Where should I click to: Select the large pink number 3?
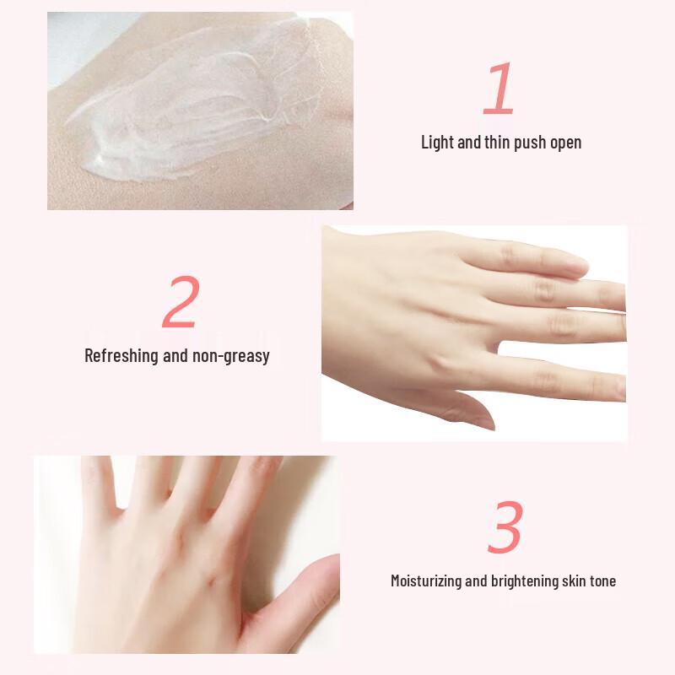pos(504,528)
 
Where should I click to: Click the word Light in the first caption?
pos(437,142)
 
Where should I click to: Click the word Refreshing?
pos(123,355)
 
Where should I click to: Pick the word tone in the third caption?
pos(602,580)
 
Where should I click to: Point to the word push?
pos(530,142)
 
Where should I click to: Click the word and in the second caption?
pos(175,355)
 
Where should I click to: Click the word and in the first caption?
pos(469,142)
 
